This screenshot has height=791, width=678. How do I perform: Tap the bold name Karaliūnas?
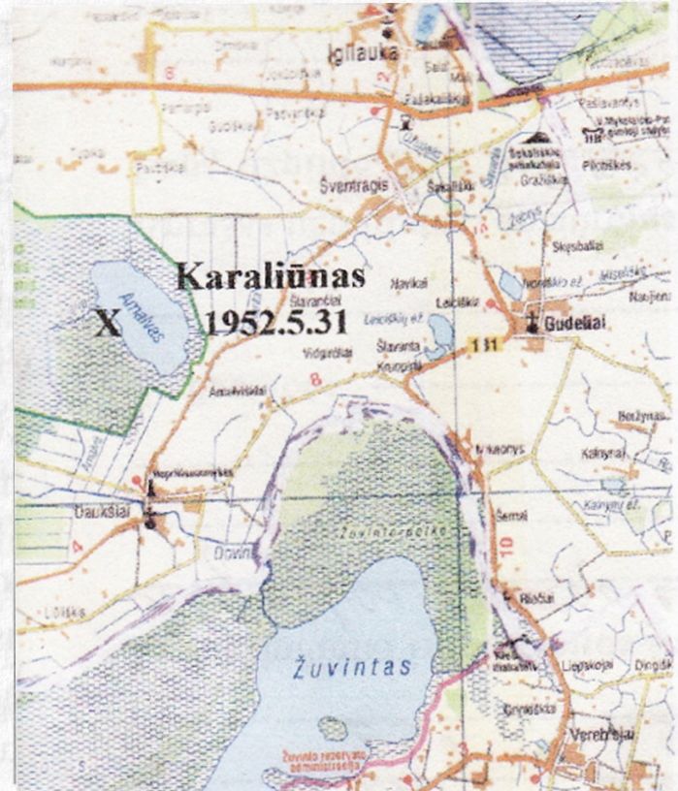coord(271,277)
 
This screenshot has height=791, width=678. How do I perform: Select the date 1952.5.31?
coord(275,322)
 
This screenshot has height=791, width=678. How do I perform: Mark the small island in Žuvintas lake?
coord(332,729)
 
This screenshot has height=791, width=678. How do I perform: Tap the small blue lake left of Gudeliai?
coord(510,284)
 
